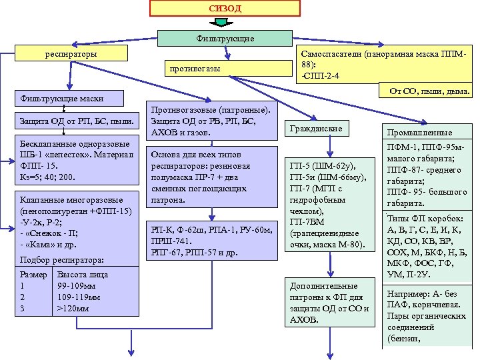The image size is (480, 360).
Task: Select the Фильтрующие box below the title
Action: click(x=225, y=39)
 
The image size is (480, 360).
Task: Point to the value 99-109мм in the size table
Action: click(x=77, y=285)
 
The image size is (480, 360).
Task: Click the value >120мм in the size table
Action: click(x=73, y=308)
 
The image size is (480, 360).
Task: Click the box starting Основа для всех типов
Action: click(x=213, y=176)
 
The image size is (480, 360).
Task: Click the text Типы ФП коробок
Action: click(x=421, y=220)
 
